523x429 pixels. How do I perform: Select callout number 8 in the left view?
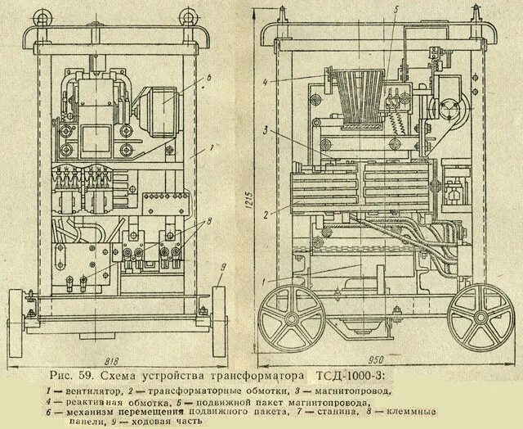click(x=210, y=221)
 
